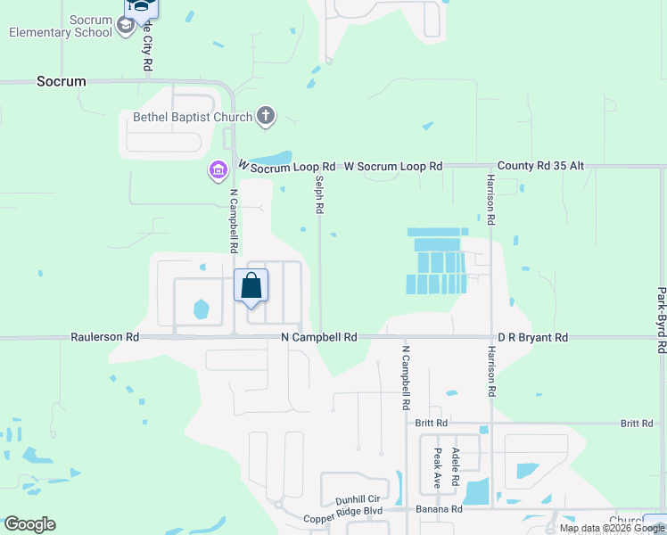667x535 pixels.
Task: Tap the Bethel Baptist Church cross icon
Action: (266, 115)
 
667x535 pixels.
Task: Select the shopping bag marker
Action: (251, 287)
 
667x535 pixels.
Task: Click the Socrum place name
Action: (62, 81)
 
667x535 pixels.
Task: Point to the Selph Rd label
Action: (318, 193)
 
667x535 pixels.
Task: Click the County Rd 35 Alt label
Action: (540, 166)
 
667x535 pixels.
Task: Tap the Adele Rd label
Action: (456, 467)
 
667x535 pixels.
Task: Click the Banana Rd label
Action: (439, 509)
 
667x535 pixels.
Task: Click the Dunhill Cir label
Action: (358, 500)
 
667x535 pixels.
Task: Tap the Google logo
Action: (29, 524)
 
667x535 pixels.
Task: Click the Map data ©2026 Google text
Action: (612, 529)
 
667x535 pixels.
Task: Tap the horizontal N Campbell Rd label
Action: (318, 338)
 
